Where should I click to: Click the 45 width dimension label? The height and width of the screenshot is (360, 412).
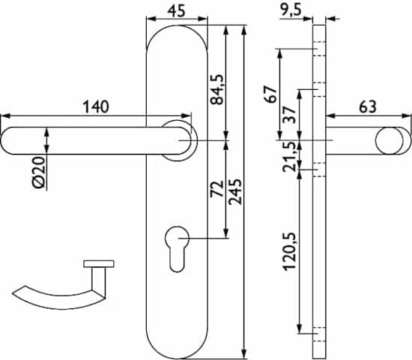coord(176,10)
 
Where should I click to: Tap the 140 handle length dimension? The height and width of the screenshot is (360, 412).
coord(96,106)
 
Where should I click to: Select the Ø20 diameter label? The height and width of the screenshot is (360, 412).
coord(39,172)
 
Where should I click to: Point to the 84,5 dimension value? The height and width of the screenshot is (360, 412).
coord(216,90)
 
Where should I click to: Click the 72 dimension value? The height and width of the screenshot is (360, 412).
coord(216,189)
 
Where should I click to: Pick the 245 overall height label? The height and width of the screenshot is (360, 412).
coord(234,192)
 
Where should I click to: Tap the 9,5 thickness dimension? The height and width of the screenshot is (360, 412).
coord(291,10)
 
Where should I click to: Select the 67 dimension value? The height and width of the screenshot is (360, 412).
coord(271,94)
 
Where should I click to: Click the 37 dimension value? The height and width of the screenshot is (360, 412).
coord(290,115)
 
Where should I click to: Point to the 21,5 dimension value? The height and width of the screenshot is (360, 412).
coord(291,157)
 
